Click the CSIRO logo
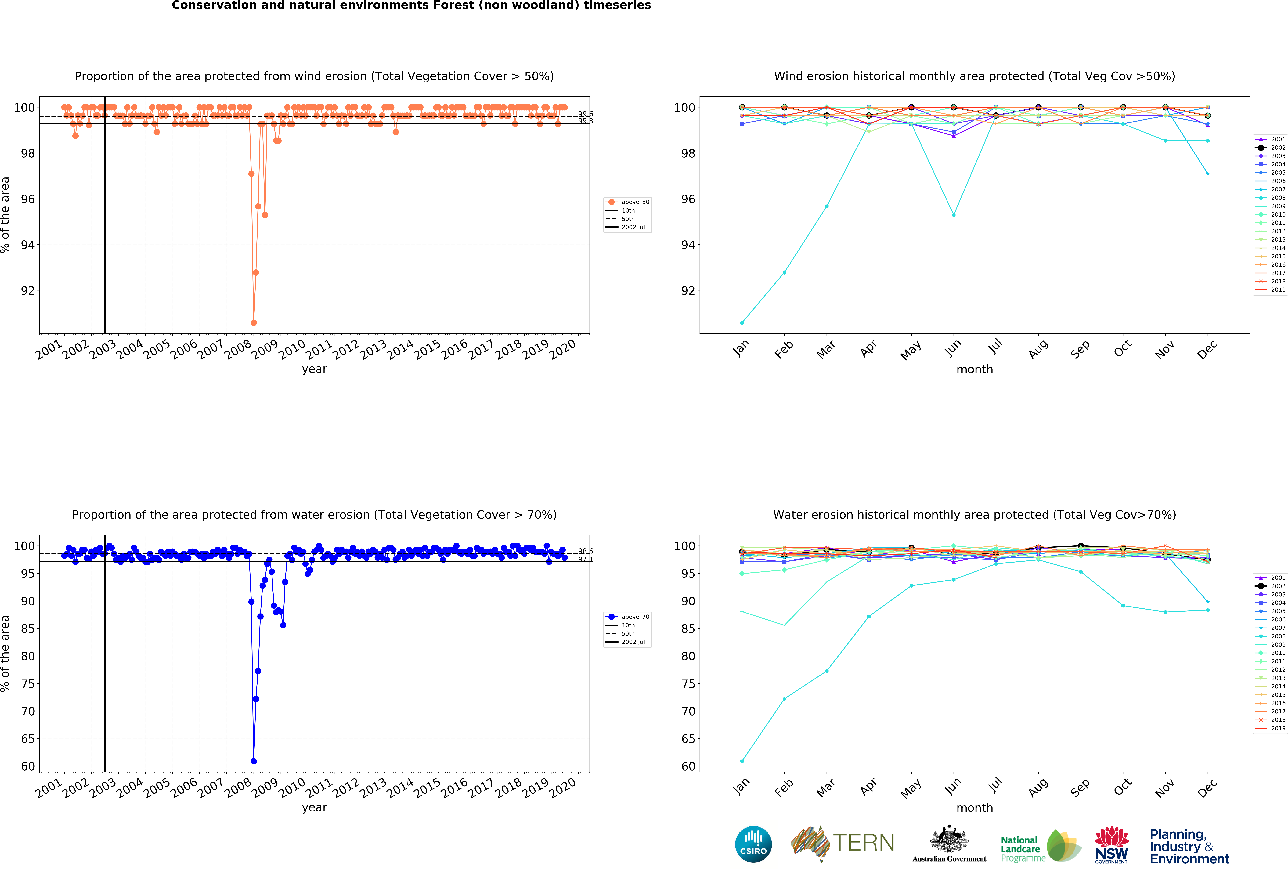tap(753, 844)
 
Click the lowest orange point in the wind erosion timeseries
tap(253, 323)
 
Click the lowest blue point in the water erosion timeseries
tap(253, 761)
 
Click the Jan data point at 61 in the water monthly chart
tap(742, 761)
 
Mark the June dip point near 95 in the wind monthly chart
tap(953, 215)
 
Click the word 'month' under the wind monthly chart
tap(974, 369)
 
